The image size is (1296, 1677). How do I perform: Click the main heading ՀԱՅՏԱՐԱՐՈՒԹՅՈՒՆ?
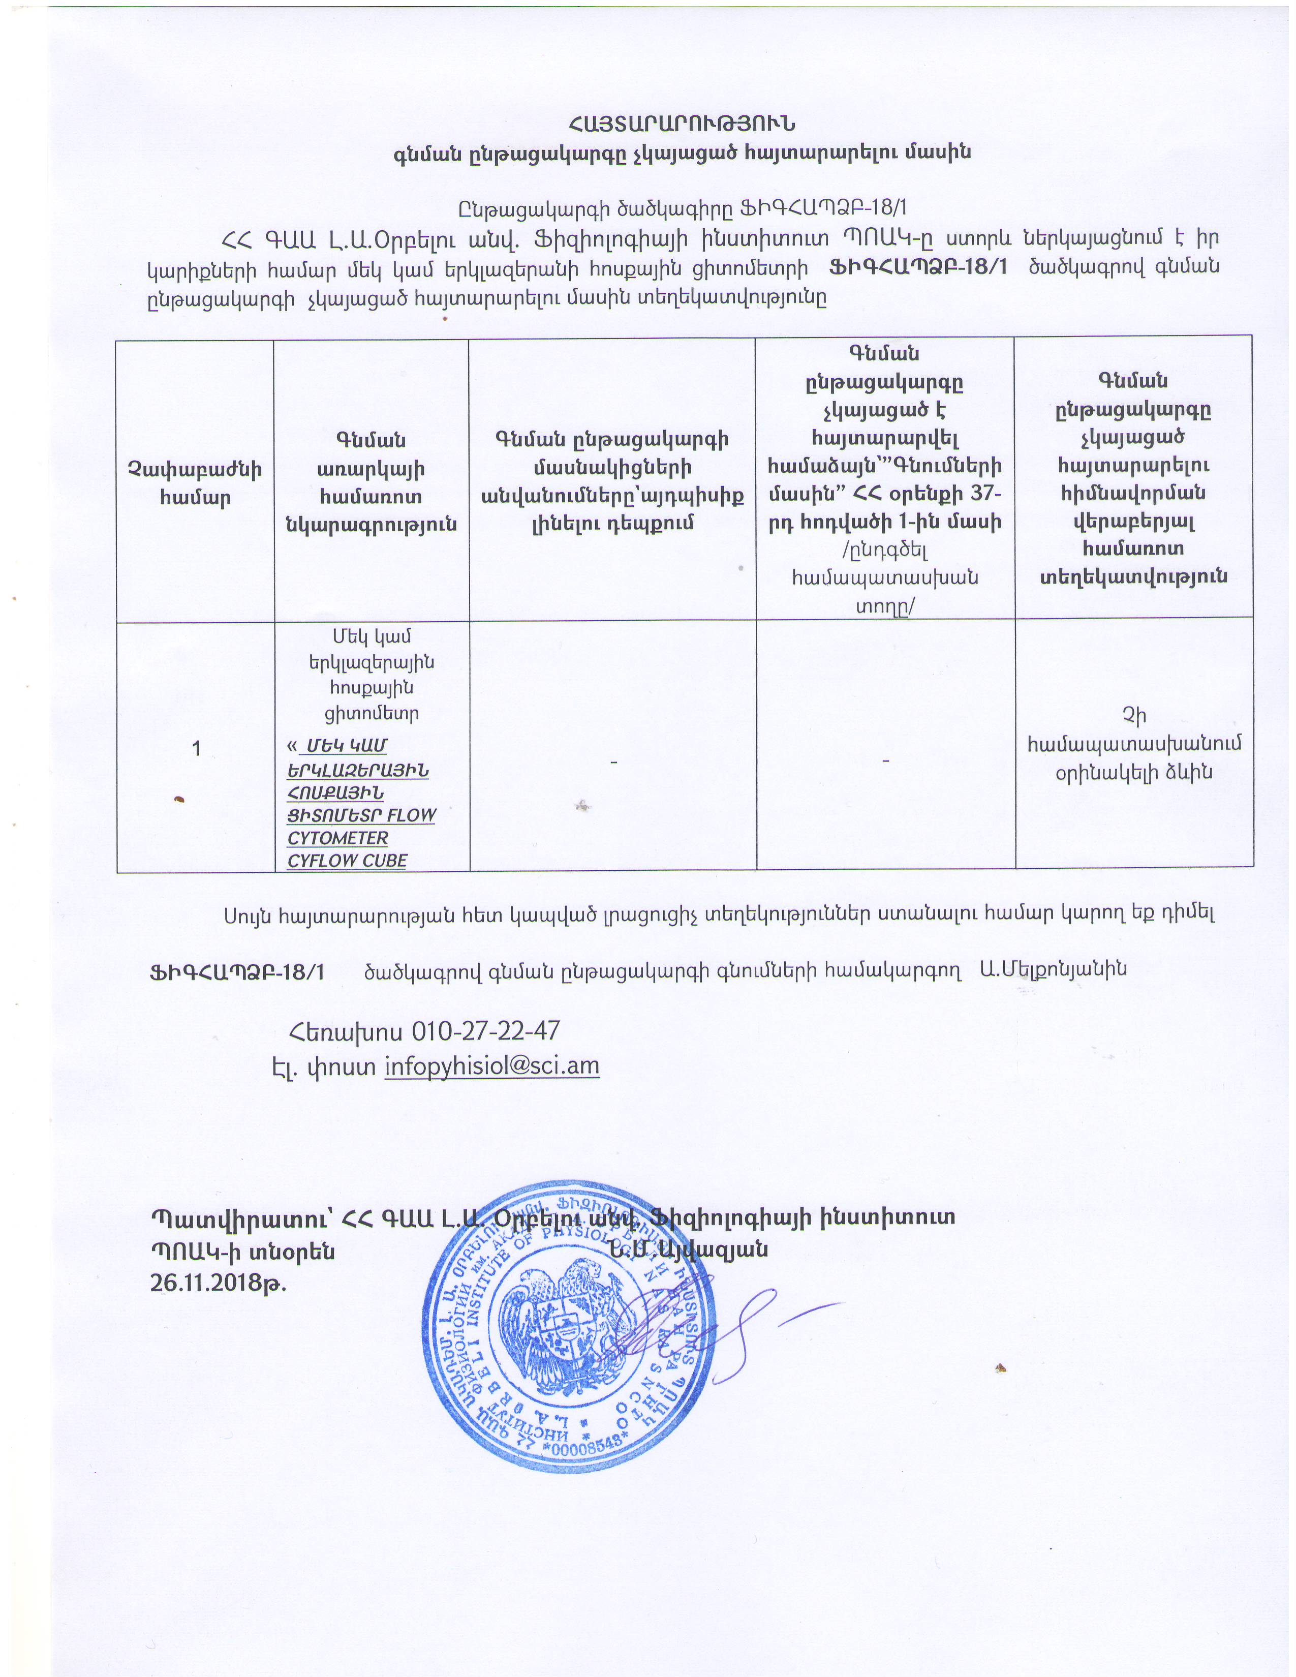681,124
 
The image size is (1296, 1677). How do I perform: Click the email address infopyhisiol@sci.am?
491,1066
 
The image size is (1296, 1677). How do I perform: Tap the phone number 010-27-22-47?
485,1030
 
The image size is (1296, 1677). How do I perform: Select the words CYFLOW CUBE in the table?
347,861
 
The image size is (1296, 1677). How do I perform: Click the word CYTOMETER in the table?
338,838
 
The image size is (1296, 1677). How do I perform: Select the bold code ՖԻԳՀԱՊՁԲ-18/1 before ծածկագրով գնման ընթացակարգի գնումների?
236,971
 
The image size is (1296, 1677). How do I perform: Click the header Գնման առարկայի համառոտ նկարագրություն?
371,482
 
